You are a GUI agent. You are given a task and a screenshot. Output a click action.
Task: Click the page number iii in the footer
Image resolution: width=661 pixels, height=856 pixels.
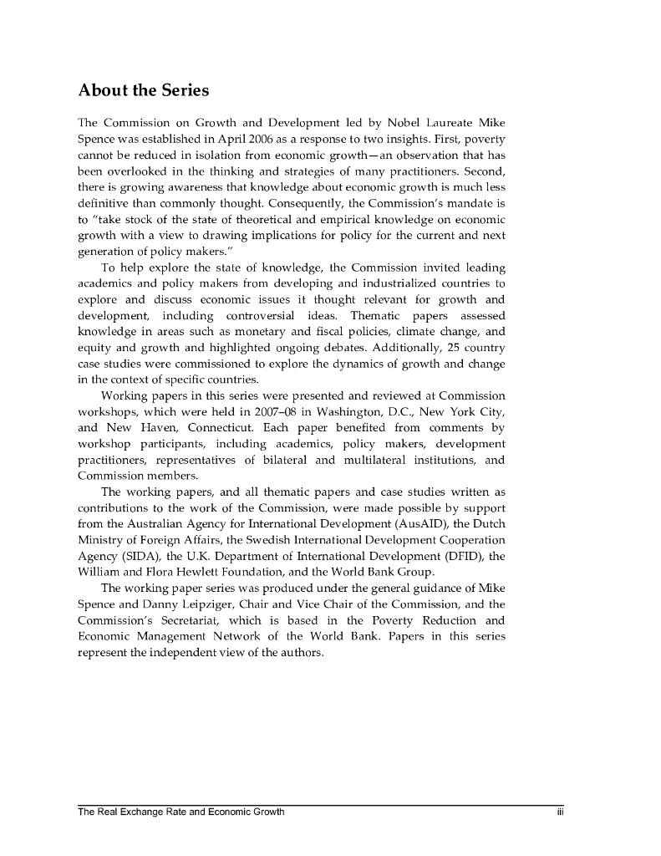click(x=562, y=812)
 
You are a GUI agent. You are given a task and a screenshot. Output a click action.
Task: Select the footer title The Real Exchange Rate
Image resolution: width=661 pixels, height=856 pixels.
click(x=134, y=812)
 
